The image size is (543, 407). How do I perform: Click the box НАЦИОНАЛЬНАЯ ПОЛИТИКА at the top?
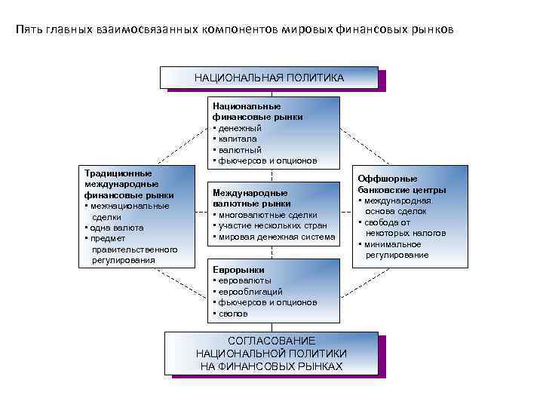[x=268, y=78]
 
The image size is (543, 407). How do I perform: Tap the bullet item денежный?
[x=239, y=128]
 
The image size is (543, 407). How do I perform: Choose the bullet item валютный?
[x=239, y=149]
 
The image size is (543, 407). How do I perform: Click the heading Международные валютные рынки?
[x=250, y=198]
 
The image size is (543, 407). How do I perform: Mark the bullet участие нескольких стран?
[x=271, y=225]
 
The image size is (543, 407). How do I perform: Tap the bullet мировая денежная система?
[x=276, y=237]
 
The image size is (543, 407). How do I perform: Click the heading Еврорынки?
[x=238, y=269]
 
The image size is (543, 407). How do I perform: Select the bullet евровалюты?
[x=244, y=280]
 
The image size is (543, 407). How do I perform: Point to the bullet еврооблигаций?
[x=250, y=291]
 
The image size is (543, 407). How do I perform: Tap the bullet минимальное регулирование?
[x=396, y=249]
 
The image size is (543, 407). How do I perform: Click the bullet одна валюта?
[x=116, y=227]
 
